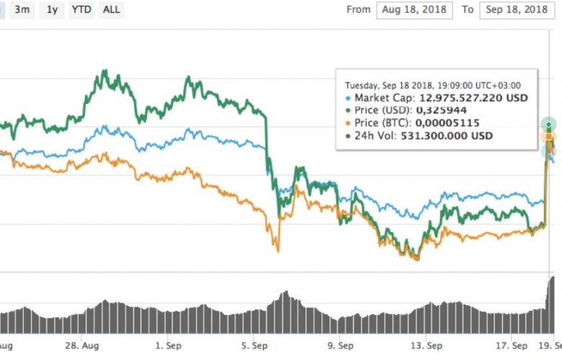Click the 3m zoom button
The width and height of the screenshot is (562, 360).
(22, 10)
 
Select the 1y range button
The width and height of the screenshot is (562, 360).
(52, 10)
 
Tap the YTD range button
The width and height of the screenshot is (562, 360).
(81, 10)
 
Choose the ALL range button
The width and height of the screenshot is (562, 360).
(112, 10)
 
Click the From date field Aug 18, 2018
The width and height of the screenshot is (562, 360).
(414, 10)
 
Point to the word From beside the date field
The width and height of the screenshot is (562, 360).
(358, 10)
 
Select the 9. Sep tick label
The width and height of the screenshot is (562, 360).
(339, 346)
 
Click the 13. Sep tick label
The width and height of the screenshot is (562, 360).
(424, 346)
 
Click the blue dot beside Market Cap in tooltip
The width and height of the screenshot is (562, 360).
(349, 97)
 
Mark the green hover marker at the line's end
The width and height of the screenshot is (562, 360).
(549, 124)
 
